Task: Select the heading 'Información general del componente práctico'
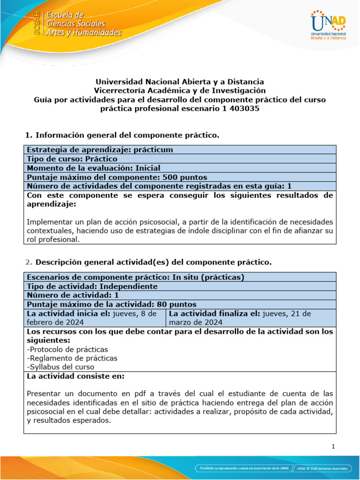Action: point(127,135)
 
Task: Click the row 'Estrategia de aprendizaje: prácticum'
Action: point(100,150)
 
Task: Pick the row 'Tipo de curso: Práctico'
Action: point(72,159)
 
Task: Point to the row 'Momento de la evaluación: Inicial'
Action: point(94,168)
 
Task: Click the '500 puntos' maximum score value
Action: point(185,177)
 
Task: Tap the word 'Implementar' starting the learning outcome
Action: point(47,221)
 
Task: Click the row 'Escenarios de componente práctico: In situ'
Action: point(135,277)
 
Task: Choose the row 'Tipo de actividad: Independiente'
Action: point(92,286)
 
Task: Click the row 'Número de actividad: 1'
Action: point(73,295)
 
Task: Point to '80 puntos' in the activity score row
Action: point(177,304)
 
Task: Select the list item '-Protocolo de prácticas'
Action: point(67,349)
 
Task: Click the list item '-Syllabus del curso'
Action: point(60,367)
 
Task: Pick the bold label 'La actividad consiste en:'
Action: point(75,376)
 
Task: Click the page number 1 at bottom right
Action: point(333,447)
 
